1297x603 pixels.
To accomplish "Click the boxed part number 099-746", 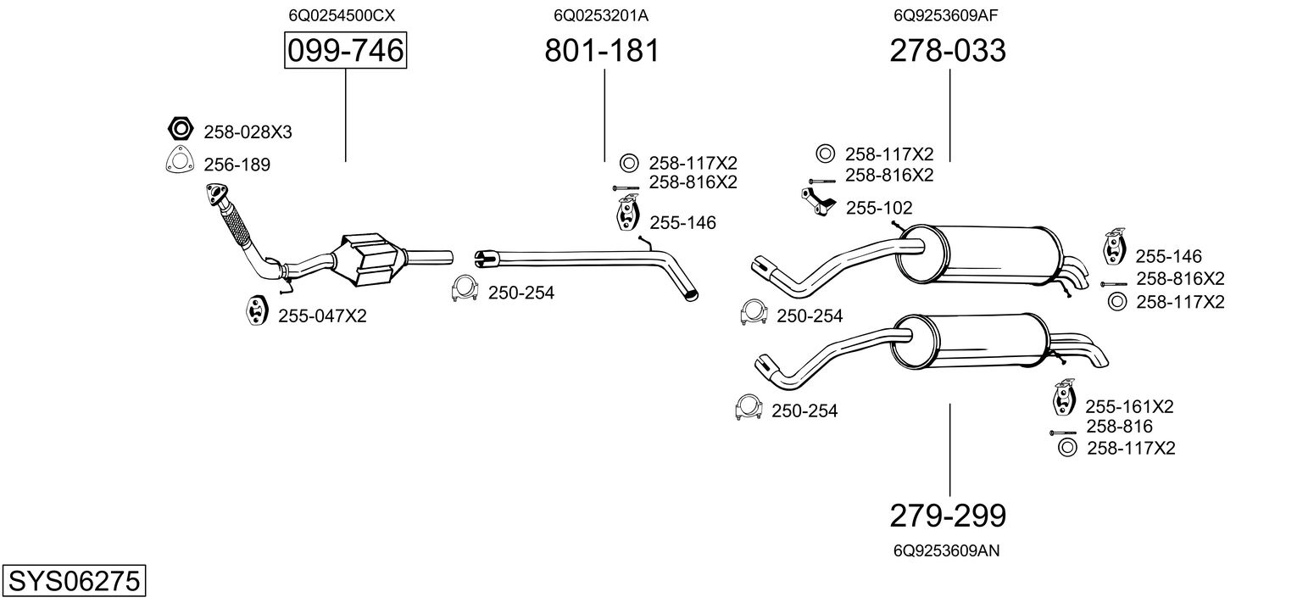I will [345, 51].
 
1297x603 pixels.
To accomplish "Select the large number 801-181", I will [602, 51].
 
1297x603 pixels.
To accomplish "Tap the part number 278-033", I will [948, 51].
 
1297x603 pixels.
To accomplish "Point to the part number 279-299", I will [948, 515].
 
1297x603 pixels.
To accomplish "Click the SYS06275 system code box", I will [73, 582].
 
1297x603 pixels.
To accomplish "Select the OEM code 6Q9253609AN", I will [947, 550].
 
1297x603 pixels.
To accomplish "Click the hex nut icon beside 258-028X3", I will [179, 130].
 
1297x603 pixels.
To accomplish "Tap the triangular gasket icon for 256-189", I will [179, 161].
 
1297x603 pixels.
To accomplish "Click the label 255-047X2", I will [322, 315].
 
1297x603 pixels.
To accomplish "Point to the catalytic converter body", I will [370, 258].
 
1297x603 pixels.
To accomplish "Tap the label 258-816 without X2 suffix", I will [1119, 427].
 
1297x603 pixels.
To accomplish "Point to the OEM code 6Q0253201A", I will [601, 15].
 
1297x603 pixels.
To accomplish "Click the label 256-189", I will [237, 165].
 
